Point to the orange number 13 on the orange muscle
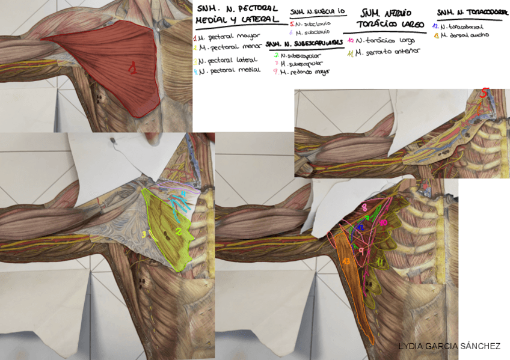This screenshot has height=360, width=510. [x=346, y=261]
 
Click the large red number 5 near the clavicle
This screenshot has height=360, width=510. [x=485, y=93]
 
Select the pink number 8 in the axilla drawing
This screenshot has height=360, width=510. [x=364, y=207]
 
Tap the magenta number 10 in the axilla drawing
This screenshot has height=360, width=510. [x=383, y=222]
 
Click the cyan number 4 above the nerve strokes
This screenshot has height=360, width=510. [x=183, y=194]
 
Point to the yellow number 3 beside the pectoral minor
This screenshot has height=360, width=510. [x=144, y=234]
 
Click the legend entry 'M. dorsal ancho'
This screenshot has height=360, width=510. [x=464, y=35]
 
